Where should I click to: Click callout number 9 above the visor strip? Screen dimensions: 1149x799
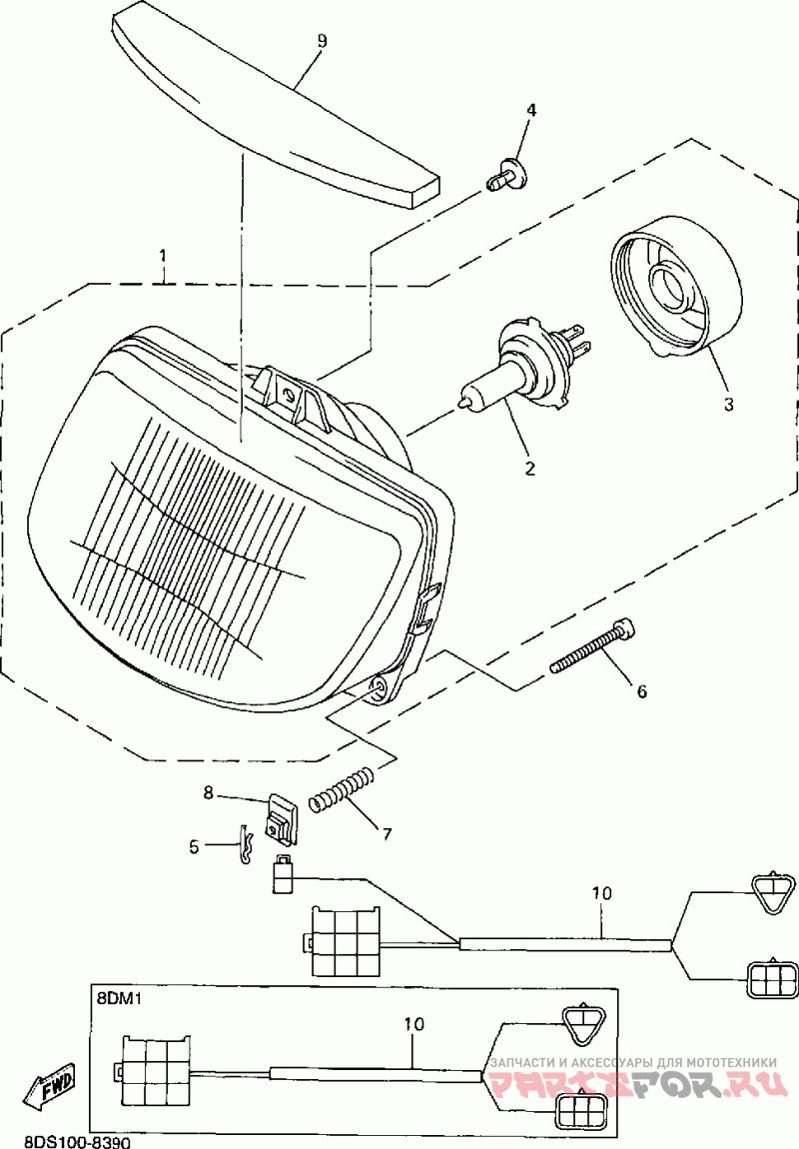(x=322, y=41)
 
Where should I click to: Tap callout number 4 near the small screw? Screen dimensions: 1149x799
(x=531, y=110)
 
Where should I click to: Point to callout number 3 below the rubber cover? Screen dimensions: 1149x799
(x=728, y=404)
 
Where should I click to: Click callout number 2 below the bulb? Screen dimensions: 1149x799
(x=531, y=468)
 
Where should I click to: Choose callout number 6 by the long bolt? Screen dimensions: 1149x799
(x=641, y=690)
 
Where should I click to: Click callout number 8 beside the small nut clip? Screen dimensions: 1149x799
(x=209, y=793)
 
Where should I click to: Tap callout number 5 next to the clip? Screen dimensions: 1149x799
(x=194, y=846)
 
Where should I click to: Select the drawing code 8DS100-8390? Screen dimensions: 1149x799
(x=65, y=1140)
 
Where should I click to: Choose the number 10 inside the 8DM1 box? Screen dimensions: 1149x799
(x=414, y=1024)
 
